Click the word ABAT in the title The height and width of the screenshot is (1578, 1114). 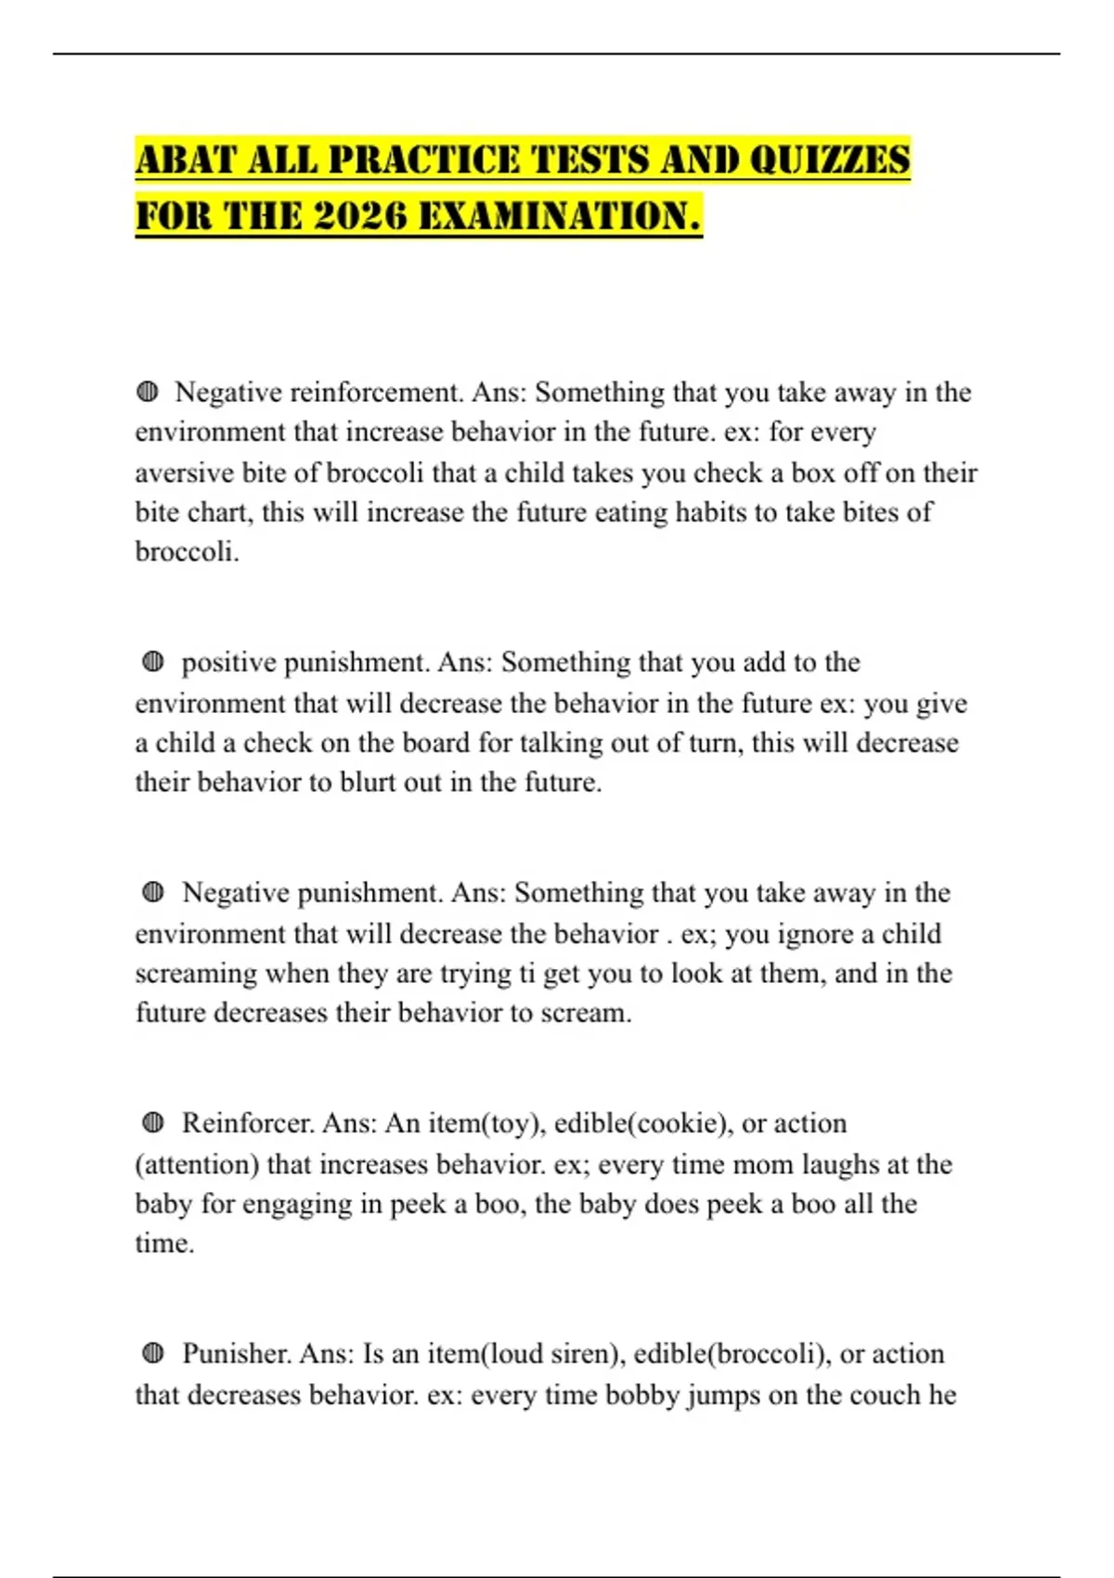[x=186, y=160]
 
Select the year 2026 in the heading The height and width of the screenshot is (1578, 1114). [x=360, y=216]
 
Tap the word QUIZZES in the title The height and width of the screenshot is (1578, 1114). [x=829, y=160]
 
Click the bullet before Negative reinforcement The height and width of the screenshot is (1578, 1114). [x=147, y=392]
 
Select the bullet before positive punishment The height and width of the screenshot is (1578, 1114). [x=153, y=662]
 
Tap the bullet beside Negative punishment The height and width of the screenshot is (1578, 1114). [x=153, y=892]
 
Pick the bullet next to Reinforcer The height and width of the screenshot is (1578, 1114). [x=153, y=1122]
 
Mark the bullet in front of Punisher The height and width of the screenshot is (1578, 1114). [x=153, y=1352]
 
